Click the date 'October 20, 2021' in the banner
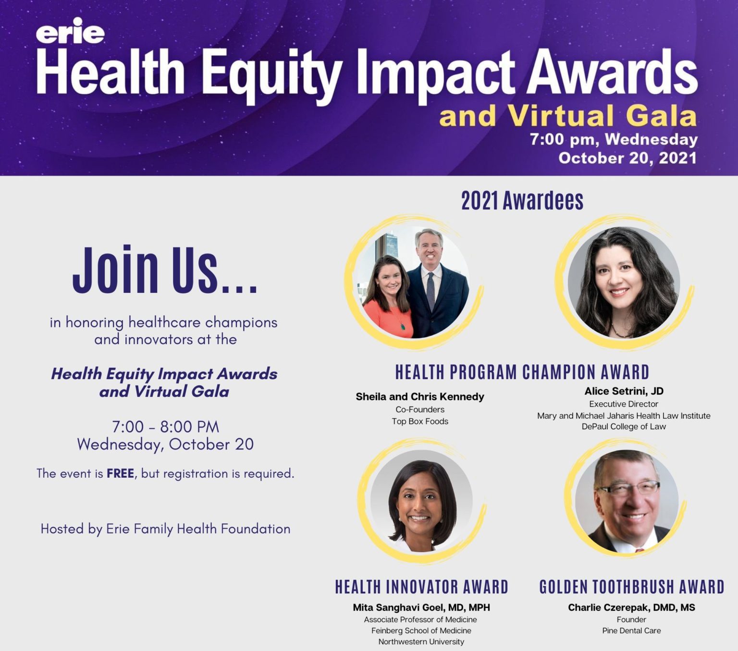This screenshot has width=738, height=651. coord(627,158)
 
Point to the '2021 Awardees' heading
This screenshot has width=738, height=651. coord(522,200)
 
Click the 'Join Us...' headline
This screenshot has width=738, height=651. coord(165,270)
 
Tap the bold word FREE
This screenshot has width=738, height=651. coord(120,473)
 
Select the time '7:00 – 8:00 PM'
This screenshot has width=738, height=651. coord(166,427)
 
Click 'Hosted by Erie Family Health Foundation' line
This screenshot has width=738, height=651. coord(166,529)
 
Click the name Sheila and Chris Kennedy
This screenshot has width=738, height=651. coord(420,397)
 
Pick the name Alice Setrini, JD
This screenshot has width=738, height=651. coord(624,391)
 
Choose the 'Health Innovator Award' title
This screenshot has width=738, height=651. coord(422,587)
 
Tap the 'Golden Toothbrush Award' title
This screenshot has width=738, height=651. coord(632,587)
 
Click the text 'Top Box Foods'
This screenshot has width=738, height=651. coord(420,421)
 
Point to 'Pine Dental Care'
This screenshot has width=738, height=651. coord(631,630)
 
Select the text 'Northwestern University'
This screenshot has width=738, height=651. coord(421,641)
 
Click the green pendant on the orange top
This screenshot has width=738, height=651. coord(403,326)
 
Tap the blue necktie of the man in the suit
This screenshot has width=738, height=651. coord(430,291)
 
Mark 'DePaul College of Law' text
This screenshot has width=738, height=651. coord(624,426)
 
